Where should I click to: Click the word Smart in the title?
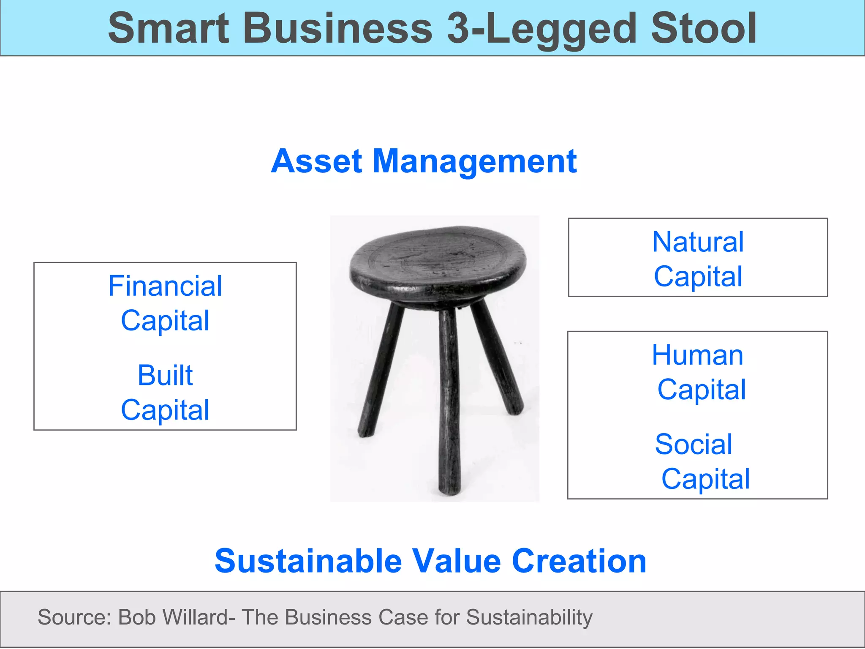pyautogui.click(x=168, y=28)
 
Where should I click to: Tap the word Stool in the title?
pyautogui.click(x=704, y=28)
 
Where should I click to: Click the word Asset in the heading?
pyautogui.click(x=316, y=161)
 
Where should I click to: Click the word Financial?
pyautogui.click(x=165, y=286)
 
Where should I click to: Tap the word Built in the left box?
pyautogui.click(x=165, y=375)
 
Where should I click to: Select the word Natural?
pyautogui.click(x=698, y=242)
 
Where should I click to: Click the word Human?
pyautogui.click(x=697, y=355)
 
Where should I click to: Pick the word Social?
pyautogui.click(x=694, y=444)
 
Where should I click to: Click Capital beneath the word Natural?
pyautogui.click(x=698, y=277)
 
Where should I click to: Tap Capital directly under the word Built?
pyautogui.click(x=165, y=410)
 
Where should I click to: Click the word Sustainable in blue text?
pyautogui.click(x=308, y=561)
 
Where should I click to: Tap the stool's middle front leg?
pyautogui.click(x=449, y=401)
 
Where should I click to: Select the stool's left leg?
pyautogui.click(x=380, y=372)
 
